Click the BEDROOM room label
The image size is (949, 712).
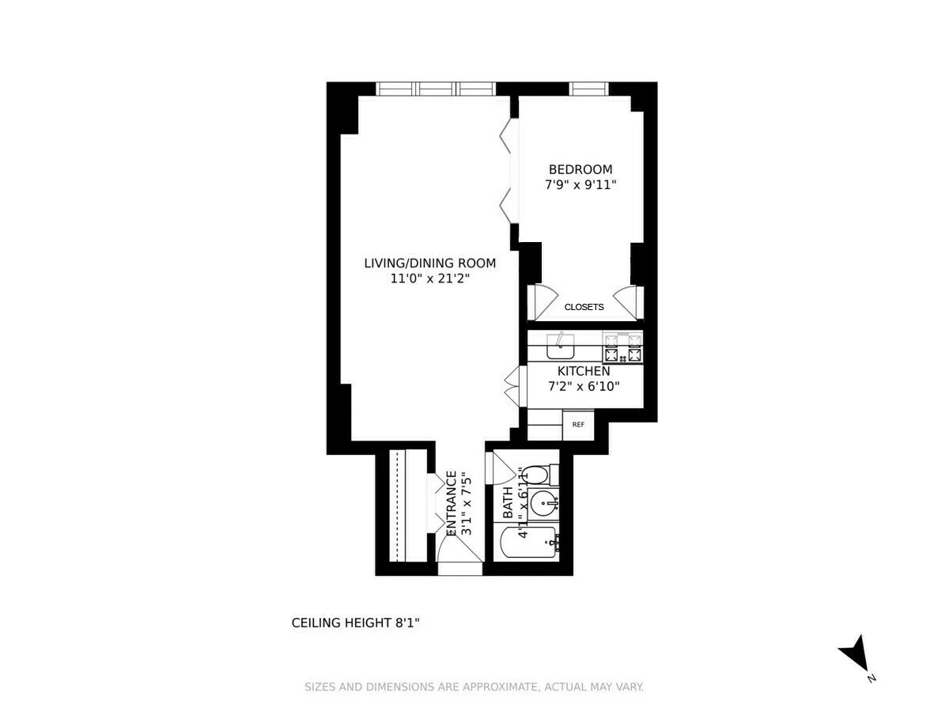coord(580,169)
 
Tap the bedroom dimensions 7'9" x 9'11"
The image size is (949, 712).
coord(580,185)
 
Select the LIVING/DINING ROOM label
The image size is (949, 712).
coord(429,263)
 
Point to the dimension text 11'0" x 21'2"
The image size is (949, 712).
coord(429,278)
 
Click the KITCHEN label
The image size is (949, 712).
coord(584,371)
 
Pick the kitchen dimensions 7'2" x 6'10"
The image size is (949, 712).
coord(584,387)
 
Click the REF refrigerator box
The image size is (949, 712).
coord(578,425)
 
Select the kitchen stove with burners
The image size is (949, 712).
coord(622,348)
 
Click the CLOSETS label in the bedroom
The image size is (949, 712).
coord(584,307)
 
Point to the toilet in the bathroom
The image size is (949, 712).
coord(535,475)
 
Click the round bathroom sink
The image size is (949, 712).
coord(543,502)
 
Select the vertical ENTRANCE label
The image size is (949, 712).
coord(452,504)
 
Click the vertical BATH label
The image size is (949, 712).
coord(508,504)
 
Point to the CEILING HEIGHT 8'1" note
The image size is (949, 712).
coord(355,623)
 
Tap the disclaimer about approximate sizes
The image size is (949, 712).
coord(475,687)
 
